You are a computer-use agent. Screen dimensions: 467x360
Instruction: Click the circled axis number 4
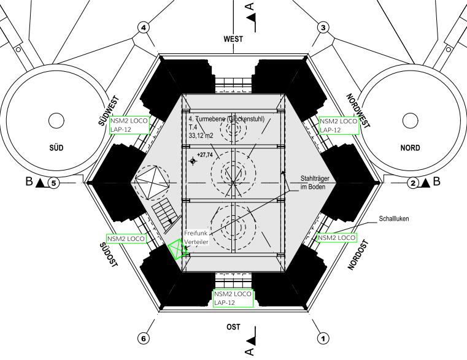(144, 28)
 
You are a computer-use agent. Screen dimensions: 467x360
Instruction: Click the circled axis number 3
(323, 28)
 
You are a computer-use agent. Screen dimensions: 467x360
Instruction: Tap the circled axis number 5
(53, 183)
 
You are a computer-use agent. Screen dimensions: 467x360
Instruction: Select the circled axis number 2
(413, 183)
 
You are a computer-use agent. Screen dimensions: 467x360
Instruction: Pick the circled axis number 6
(144, 339)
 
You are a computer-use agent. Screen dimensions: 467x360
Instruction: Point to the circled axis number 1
(323, 339)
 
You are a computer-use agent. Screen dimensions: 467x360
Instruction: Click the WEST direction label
(233, 39)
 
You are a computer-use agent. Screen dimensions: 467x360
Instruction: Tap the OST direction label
(233, 327)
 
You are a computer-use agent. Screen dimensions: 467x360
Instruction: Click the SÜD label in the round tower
(56, 148)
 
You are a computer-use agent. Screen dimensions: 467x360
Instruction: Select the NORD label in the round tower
(410, 148)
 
